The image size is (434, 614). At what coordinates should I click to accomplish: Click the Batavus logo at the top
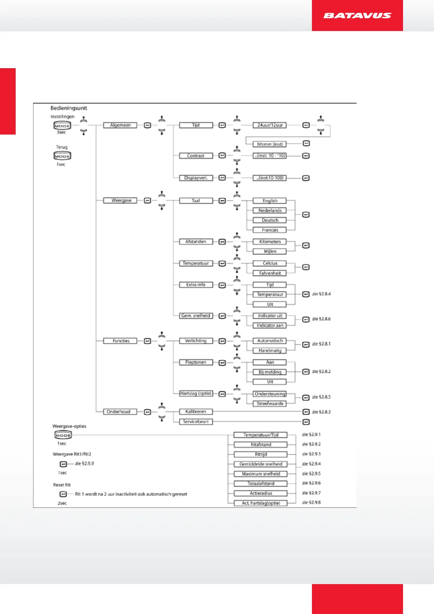[357, 15]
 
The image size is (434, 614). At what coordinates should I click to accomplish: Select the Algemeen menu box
[120, 125]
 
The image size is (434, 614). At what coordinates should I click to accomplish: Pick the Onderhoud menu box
[118, 412]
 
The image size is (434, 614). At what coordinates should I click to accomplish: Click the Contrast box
[196, 156]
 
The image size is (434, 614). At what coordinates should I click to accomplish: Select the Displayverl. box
[196, 178]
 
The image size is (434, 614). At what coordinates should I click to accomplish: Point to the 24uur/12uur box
[270, 125]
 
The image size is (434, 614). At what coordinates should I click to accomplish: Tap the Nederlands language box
[270, 210]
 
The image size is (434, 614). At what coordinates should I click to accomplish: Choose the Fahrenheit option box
[270, 273]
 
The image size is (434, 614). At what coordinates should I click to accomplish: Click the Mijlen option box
[270, 251]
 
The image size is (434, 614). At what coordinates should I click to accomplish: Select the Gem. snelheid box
[196, 316]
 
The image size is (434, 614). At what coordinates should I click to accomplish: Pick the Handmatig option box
[270, 350]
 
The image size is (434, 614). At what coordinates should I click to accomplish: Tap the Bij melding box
[270, 372]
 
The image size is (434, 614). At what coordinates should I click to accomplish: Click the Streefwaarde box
[270, 404]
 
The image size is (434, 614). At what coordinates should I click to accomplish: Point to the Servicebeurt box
[196, 421]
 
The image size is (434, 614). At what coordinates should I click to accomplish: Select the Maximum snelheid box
[261, 474]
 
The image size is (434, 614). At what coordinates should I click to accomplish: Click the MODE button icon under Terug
[62, 156]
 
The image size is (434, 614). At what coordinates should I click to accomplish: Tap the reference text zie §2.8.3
[321, 412]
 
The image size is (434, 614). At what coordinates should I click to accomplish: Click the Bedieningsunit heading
[69, 108]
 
